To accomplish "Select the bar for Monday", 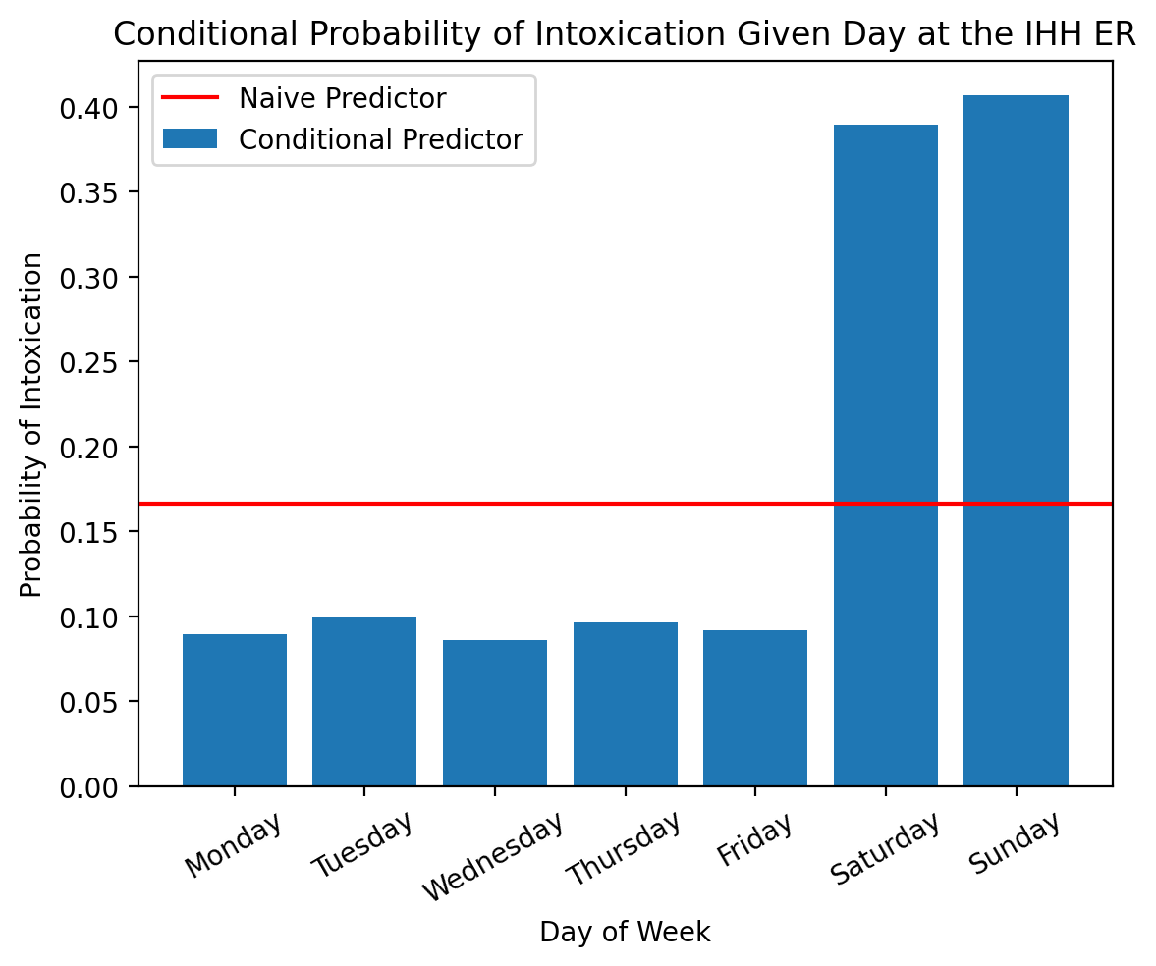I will point(234,711).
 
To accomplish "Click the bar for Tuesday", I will point(364,702).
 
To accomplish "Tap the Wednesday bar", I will point(495,714).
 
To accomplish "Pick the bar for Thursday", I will point(626,705).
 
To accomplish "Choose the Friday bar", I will point(755,709).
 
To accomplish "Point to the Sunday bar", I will point(1016,441).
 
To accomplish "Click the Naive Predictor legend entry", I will point(343,98).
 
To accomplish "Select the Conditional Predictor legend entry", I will point(381,139).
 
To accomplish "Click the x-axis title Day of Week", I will point(625,932).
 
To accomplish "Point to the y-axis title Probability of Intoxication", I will point(31,424).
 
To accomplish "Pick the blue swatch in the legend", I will point(190,139).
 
